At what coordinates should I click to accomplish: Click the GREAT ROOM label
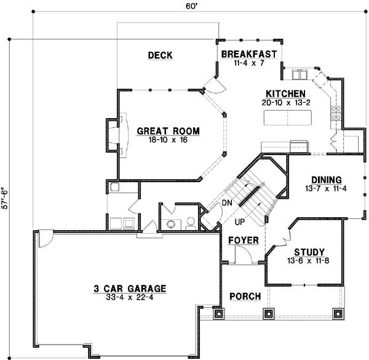pyautogui.click(x=159, y=130)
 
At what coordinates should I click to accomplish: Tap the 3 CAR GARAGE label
pyautogui.click(x=130, y=288)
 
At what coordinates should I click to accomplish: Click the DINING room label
pyautogui.click(x=325, y=179)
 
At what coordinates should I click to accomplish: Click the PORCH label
pyautogui.click(x=245, y=297)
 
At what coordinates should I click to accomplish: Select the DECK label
pyautogui.click(x=160, y=56)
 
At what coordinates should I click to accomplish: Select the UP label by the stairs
pyautogui.click(x=239, y=220)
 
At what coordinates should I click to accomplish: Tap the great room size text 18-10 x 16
pyautogui.click(x=159, y=140)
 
